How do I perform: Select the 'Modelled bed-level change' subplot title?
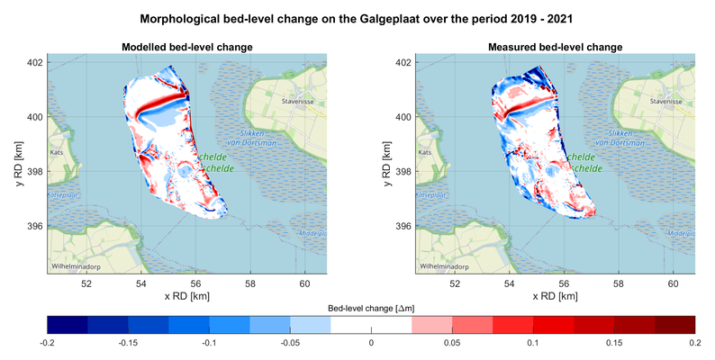tap(186, 47)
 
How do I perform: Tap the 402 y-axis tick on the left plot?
tap(36, 63)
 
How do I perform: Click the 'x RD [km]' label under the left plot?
tap(186, 296)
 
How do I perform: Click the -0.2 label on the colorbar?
tap(49, 344)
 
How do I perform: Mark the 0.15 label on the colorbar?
tap(613, 344)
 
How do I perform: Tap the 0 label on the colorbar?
tap(371, 344)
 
